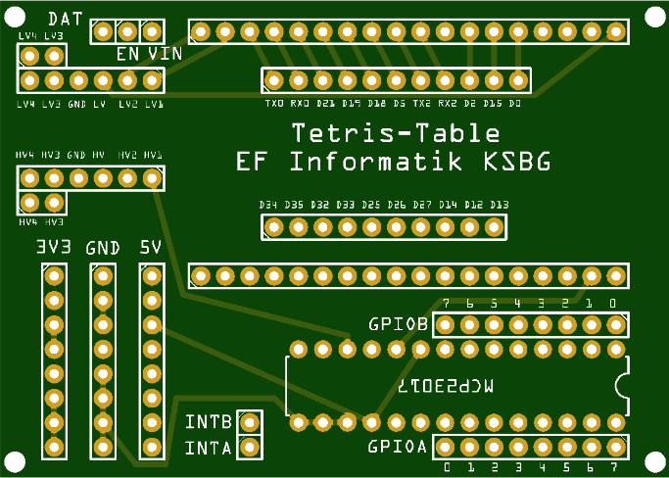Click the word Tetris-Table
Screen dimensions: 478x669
pos(396,133)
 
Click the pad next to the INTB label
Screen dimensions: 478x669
pos(251,423)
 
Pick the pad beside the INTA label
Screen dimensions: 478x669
pos(251,448)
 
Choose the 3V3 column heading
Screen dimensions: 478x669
pos(54,248)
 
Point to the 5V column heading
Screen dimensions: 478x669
pos(150,248)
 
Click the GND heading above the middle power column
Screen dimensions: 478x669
pos(102,248)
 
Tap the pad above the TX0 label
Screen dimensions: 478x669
pos(274,80)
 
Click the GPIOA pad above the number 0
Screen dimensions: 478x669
pos(446,448)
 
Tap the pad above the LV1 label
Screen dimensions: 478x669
pos(151,80)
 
